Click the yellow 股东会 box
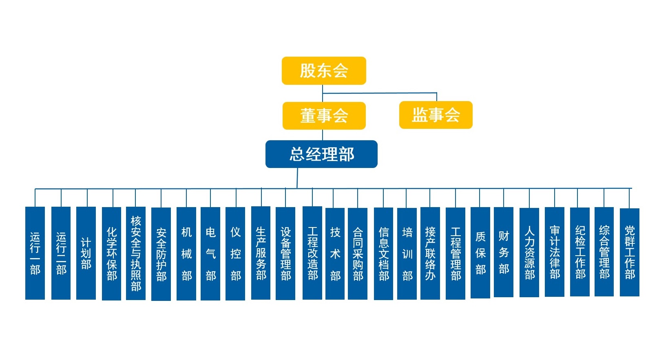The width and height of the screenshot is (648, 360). (x=324, y=71)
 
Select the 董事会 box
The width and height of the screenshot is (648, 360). (x=324, y=115)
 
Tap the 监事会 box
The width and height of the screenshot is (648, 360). (x=436, y=115)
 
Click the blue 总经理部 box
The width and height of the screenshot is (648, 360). (x=321, y=154)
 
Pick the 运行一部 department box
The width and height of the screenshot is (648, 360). (x=35, y=253)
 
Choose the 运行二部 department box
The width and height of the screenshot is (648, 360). (x=61, y=253)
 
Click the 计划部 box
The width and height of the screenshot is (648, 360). (x=86, y=253)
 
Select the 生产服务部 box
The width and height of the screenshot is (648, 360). (x=261, y=253)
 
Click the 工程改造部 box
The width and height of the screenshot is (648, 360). (x=312, y=253)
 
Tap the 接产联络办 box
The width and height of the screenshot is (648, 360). (x=430, y=253)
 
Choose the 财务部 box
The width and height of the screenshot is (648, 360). (x=504, y=252)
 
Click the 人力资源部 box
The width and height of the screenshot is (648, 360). (x=529, y=253)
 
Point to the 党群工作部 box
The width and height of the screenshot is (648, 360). (x=630, y=252)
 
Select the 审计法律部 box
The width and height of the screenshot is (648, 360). (x=555, y=252)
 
